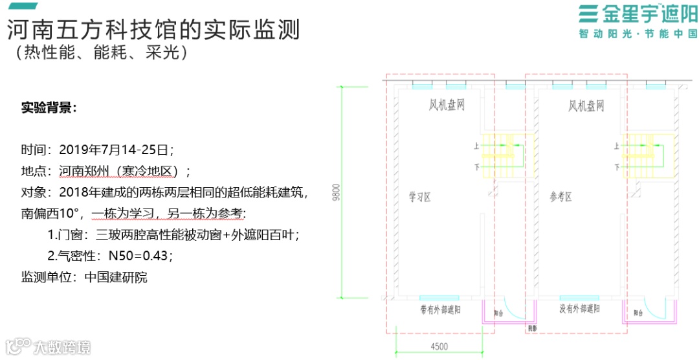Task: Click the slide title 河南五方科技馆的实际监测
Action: [x=153, y=28]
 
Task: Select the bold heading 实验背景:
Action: [x=49, y=107]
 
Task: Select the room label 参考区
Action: [x=561, y=197]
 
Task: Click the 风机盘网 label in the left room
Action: [x=447, y=105]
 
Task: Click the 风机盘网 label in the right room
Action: [x=586, y=105]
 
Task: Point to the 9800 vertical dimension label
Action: [x=336, y=193]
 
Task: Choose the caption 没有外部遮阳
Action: [x=579, y=309]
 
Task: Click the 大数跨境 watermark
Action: [x=61, y=347]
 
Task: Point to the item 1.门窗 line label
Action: [x=68, y=234]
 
